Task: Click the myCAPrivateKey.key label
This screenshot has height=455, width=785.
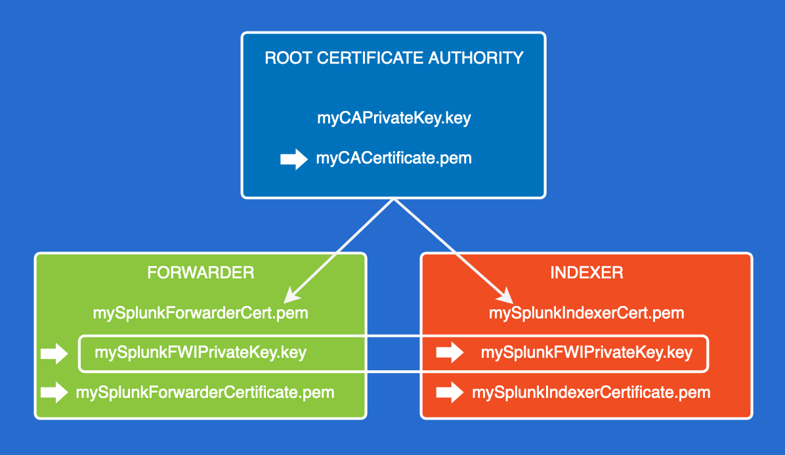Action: coord(394,119)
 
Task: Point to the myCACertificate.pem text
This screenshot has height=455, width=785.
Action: coord(394,158)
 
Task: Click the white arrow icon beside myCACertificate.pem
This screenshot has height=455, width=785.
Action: coord(293,159)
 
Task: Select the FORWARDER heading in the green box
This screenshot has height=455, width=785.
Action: coord(201,272)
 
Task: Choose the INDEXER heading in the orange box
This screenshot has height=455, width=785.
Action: coord(586,272)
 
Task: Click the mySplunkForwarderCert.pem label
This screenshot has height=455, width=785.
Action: coord(201,313)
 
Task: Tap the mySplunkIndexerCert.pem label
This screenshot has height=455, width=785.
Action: coord(586,313)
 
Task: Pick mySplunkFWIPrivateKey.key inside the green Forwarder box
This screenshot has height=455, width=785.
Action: coord(201,353)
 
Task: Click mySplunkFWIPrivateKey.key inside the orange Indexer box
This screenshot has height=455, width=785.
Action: coord(586,353)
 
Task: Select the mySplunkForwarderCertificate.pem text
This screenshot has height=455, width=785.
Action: coord(205,393)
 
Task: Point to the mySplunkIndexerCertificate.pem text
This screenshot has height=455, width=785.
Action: coord(591,393)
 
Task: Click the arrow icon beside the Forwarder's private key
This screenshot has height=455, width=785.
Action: coord(54,354)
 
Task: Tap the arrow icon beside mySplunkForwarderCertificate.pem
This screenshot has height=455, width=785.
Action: coord(54,393)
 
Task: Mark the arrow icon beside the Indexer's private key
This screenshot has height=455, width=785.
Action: coord(450,354)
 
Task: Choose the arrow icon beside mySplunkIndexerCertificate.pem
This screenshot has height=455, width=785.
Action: coord(450,393)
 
